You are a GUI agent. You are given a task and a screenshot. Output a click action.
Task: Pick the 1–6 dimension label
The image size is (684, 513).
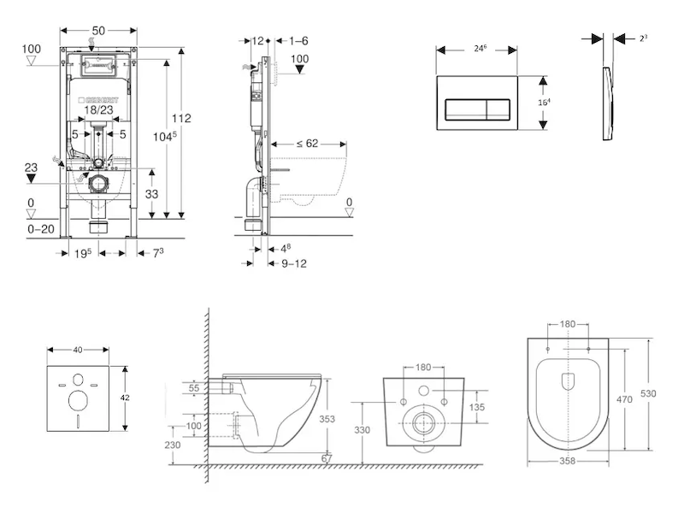click(298, 40)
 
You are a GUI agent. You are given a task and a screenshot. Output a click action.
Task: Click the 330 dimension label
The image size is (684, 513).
click(363, 431)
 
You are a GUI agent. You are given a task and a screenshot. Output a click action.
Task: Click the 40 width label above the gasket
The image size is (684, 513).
click(77, 350)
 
